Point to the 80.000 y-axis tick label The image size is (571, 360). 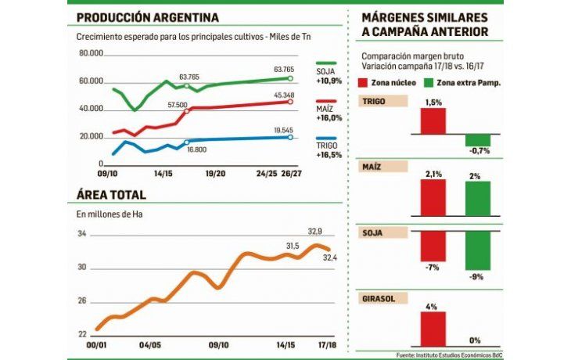(x=92, y=53)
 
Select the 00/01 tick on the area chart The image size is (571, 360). (x=96, y=344)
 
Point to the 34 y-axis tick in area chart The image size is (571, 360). (x=81, y=234)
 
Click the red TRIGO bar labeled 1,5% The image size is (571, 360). (x=433, y=121)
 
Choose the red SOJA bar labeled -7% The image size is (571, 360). (x=433, y=246)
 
